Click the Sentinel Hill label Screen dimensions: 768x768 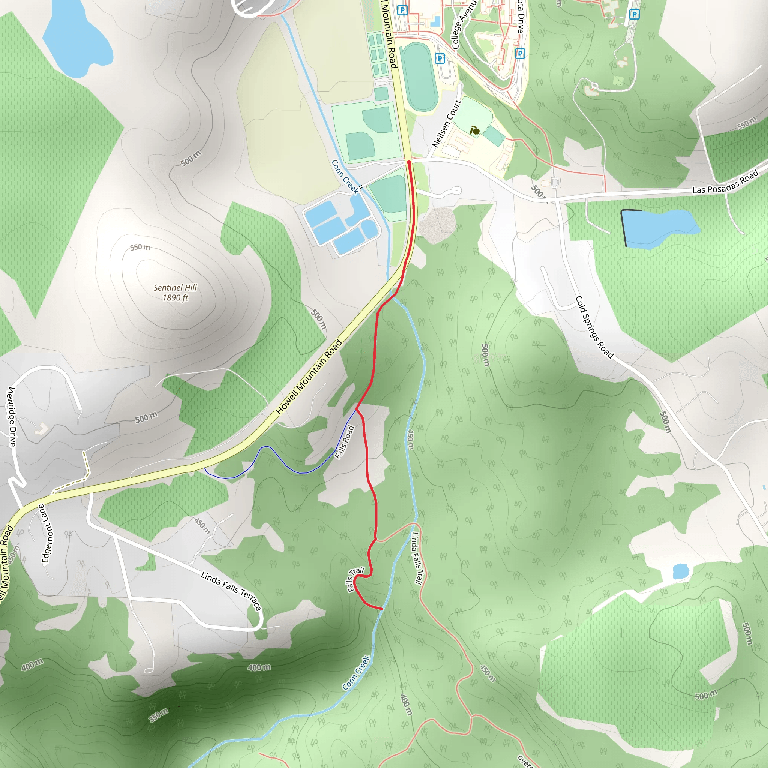click(175, 287)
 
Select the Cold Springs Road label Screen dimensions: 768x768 click(594, 327)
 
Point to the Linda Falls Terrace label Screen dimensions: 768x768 click(231, 591)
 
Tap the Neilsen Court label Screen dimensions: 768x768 click(446, 124)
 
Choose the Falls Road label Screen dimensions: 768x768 click(344, 442)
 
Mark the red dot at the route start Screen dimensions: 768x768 click(409, 162)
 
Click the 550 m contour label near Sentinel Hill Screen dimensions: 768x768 click(140, 247)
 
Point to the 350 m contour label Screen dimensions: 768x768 click(159, 715)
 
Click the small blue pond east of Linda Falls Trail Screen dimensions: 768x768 click(681, 571)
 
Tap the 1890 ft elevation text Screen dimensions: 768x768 click(175, 298)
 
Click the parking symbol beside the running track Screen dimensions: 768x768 click(439, 58)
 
